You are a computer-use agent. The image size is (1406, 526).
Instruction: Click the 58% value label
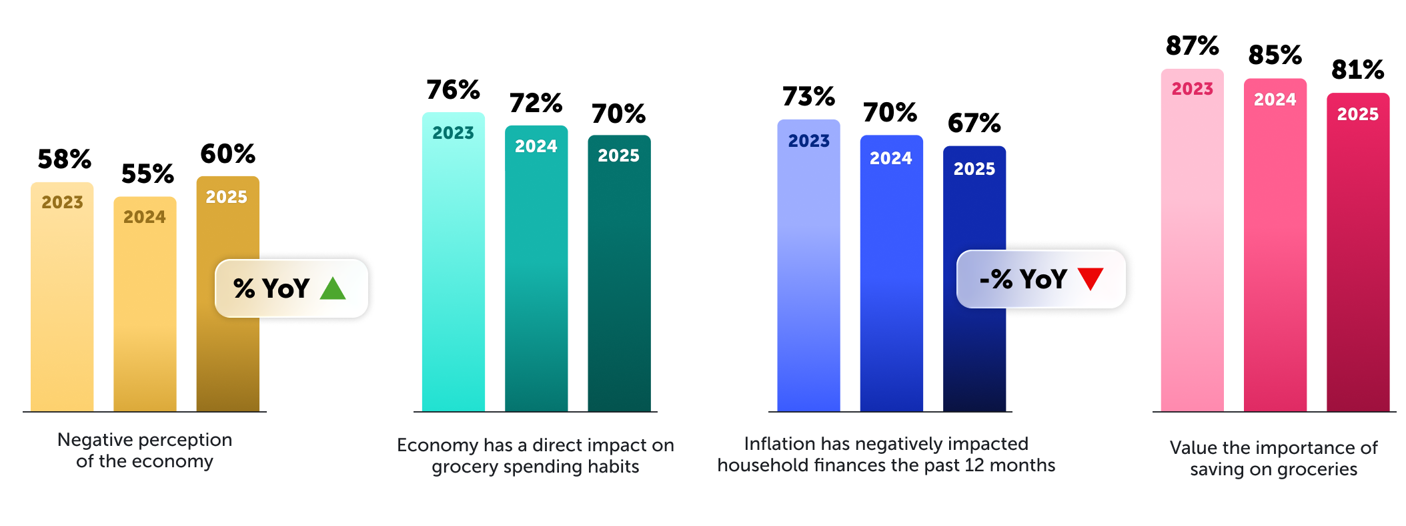click(x=64, y=160)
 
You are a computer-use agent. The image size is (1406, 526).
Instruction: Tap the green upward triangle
click(x=332, y=288)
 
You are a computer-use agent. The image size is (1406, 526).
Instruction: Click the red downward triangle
click(x=1090, y=278)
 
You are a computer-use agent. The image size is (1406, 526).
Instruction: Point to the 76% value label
click(x=453, y=89)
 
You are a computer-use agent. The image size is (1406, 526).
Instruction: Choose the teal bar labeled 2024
click(x=536, y=280)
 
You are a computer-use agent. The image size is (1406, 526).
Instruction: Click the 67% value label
click(x=974, y=123)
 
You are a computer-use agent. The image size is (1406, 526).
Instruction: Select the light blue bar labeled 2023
click(x=808, y=280)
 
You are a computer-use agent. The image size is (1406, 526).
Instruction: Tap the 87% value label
click(x=1192, y=46)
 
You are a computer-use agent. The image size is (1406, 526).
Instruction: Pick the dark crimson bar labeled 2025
click(x=1357, y=267)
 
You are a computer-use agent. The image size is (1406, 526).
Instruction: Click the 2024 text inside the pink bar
click(x=1275, y=99)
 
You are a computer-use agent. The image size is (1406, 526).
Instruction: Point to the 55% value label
click(x=147, y=174)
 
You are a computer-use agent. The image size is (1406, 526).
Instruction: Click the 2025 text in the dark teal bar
click(x=618, y=156)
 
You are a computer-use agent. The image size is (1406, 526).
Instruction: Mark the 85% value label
click(x=1275, y=55)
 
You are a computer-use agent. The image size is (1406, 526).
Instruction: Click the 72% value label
click(x=536, y=103)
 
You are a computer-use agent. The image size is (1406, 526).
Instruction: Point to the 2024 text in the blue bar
click(x=890, y=158)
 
